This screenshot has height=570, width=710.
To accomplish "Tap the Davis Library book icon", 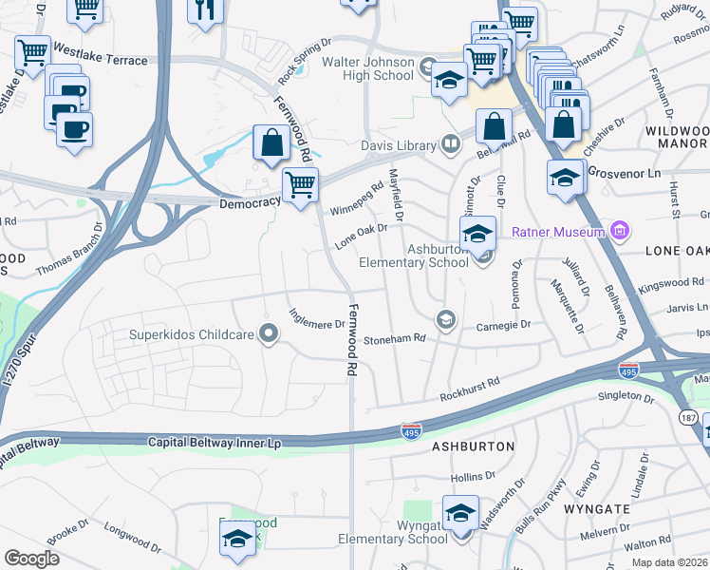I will click(452, 145).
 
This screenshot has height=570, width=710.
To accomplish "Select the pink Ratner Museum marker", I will click(620, 231).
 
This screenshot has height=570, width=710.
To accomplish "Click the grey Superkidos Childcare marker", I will click(269, 333).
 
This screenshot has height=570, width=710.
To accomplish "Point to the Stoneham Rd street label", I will click(395, 337).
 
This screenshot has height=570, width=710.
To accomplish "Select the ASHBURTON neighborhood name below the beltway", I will click(473, 446).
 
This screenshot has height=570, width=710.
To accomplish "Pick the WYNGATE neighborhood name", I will click(596, 509).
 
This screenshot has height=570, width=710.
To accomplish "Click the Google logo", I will click(31, 559).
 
